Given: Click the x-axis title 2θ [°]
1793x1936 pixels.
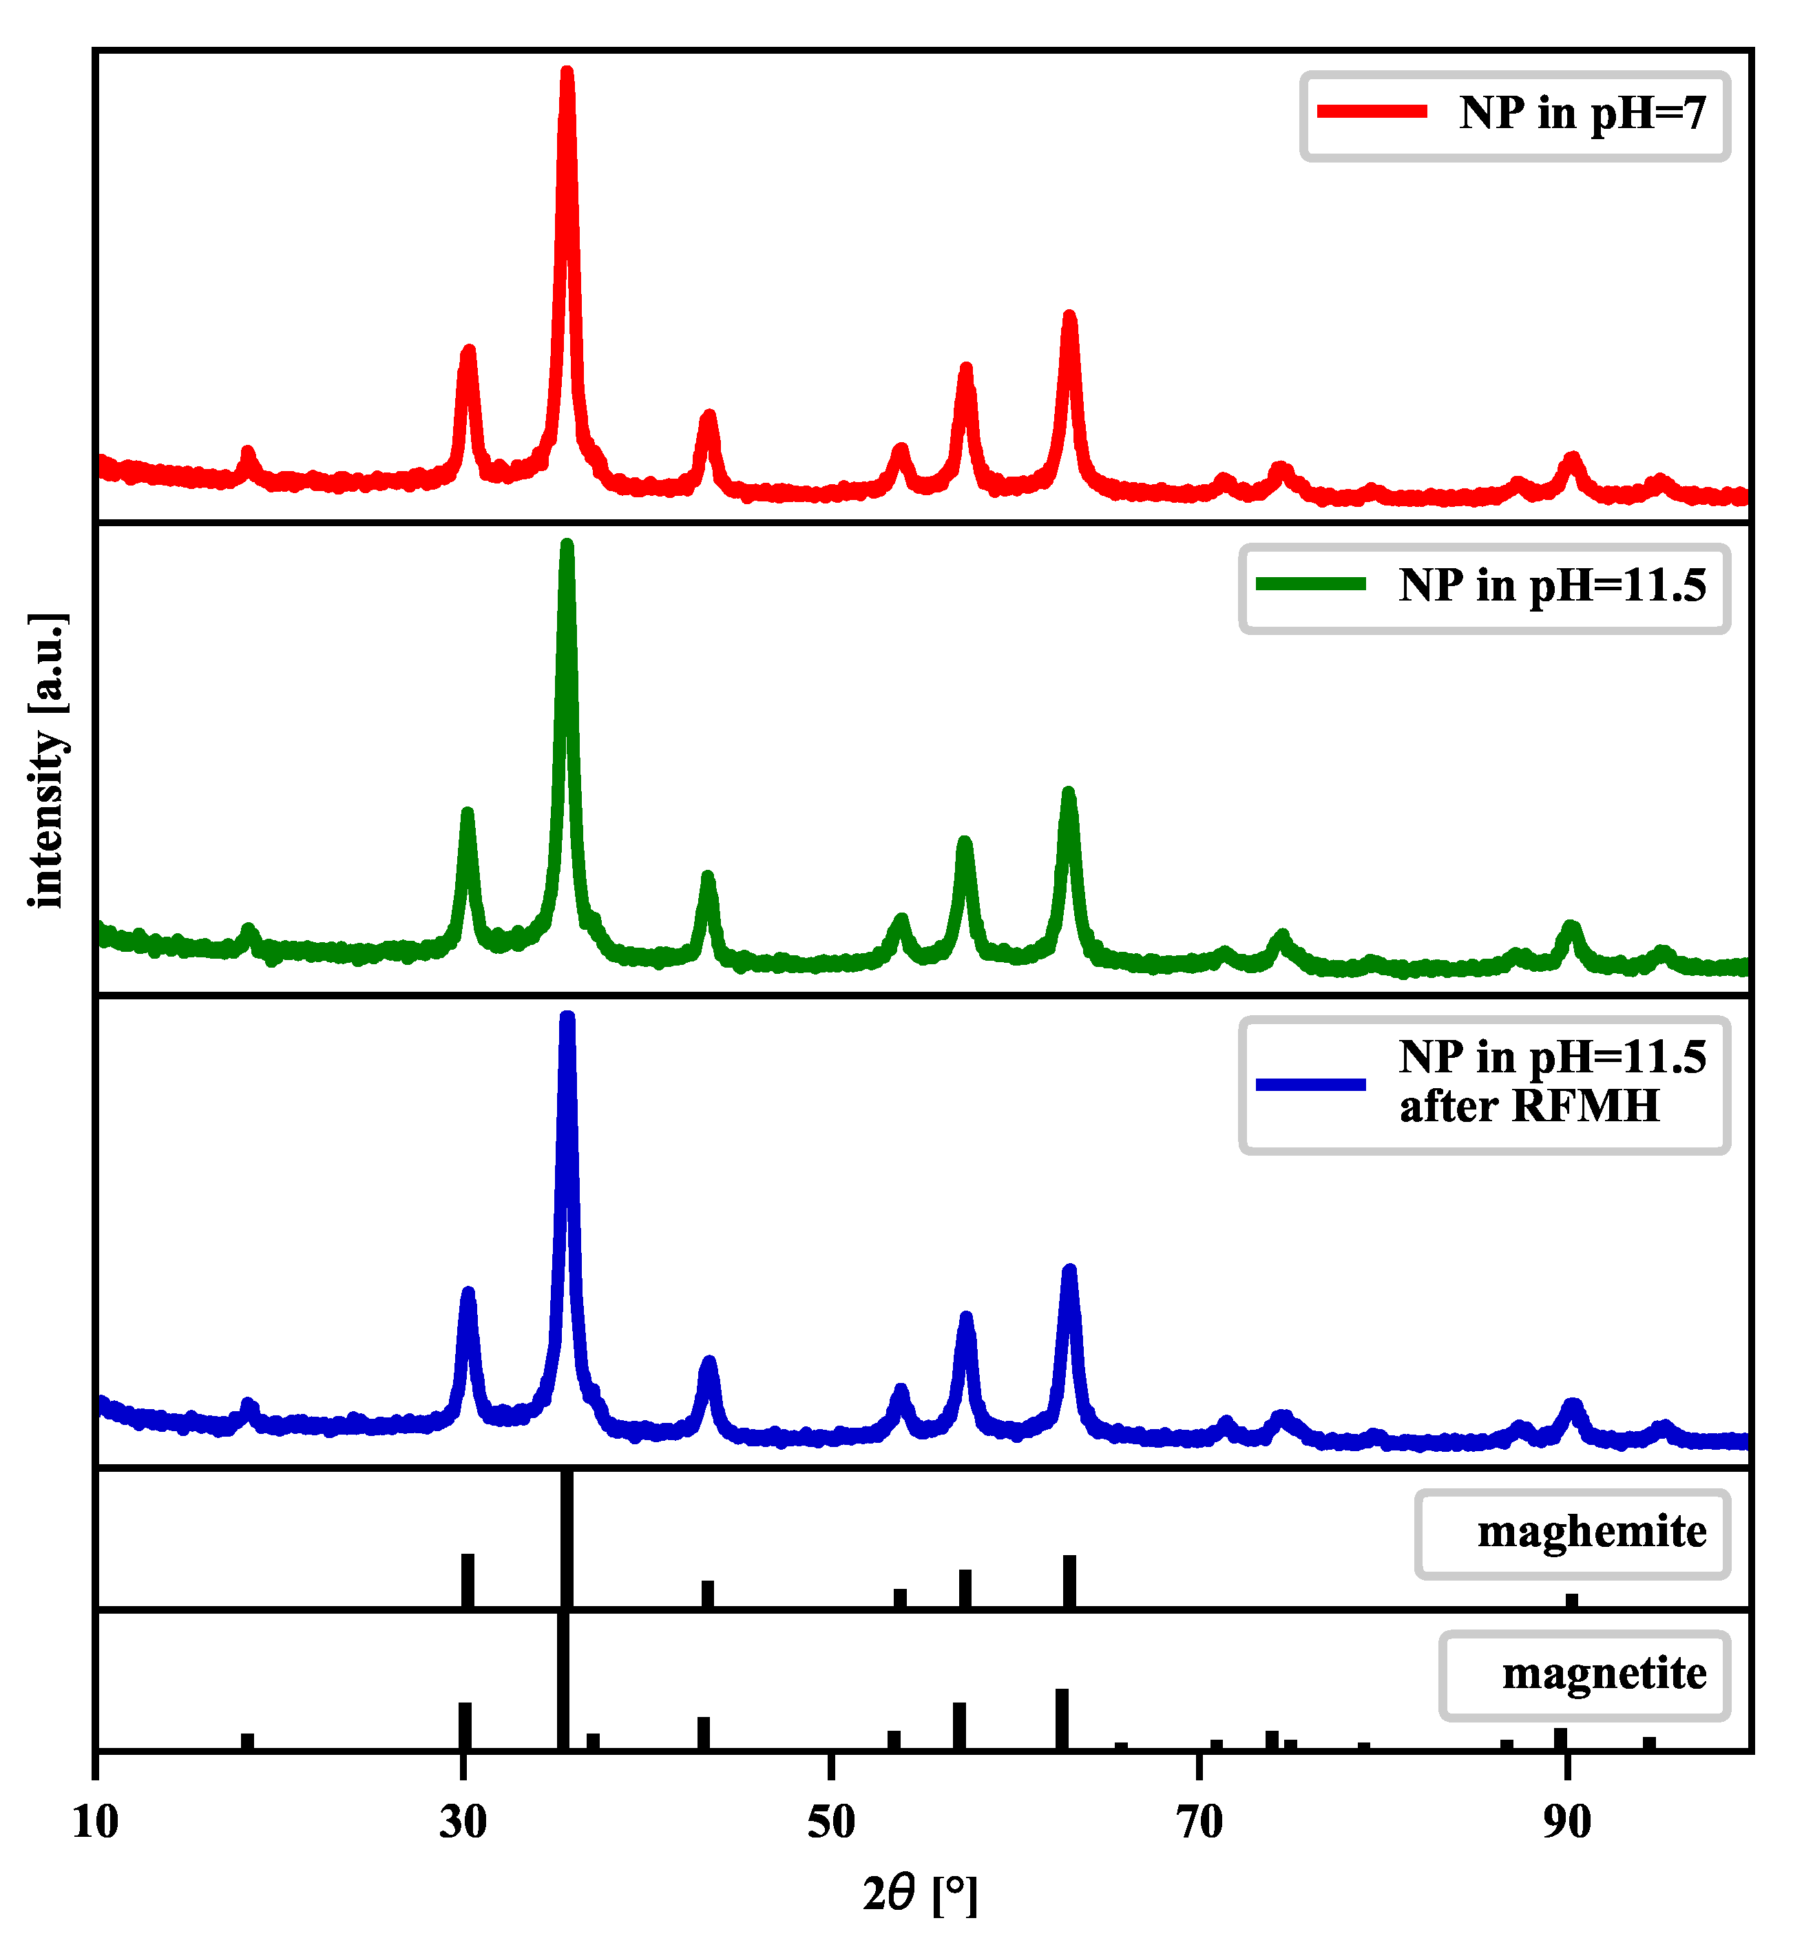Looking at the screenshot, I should coord(920,1893).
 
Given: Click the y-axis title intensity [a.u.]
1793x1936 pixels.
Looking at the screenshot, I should coord(45,761).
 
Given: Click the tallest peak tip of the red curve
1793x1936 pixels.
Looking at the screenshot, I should coord(567,73).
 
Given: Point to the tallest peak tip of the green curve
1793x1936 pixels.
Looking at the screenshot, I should coord(567,546).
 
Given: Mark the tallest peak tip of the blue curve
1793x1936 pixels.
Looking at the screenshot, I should coord(567,1019).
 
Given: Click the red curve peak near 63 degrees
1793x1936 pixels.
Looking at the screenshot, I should coord(1069,318).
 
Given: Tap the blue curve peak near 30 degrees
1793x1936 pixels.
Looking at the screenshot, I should coord(468,1293).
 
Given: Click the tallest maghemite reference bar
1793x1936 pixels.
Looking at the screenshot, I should coord(567,1538).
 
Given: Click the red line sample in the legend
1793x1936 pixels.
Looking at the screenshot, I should coord(1371,112).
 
